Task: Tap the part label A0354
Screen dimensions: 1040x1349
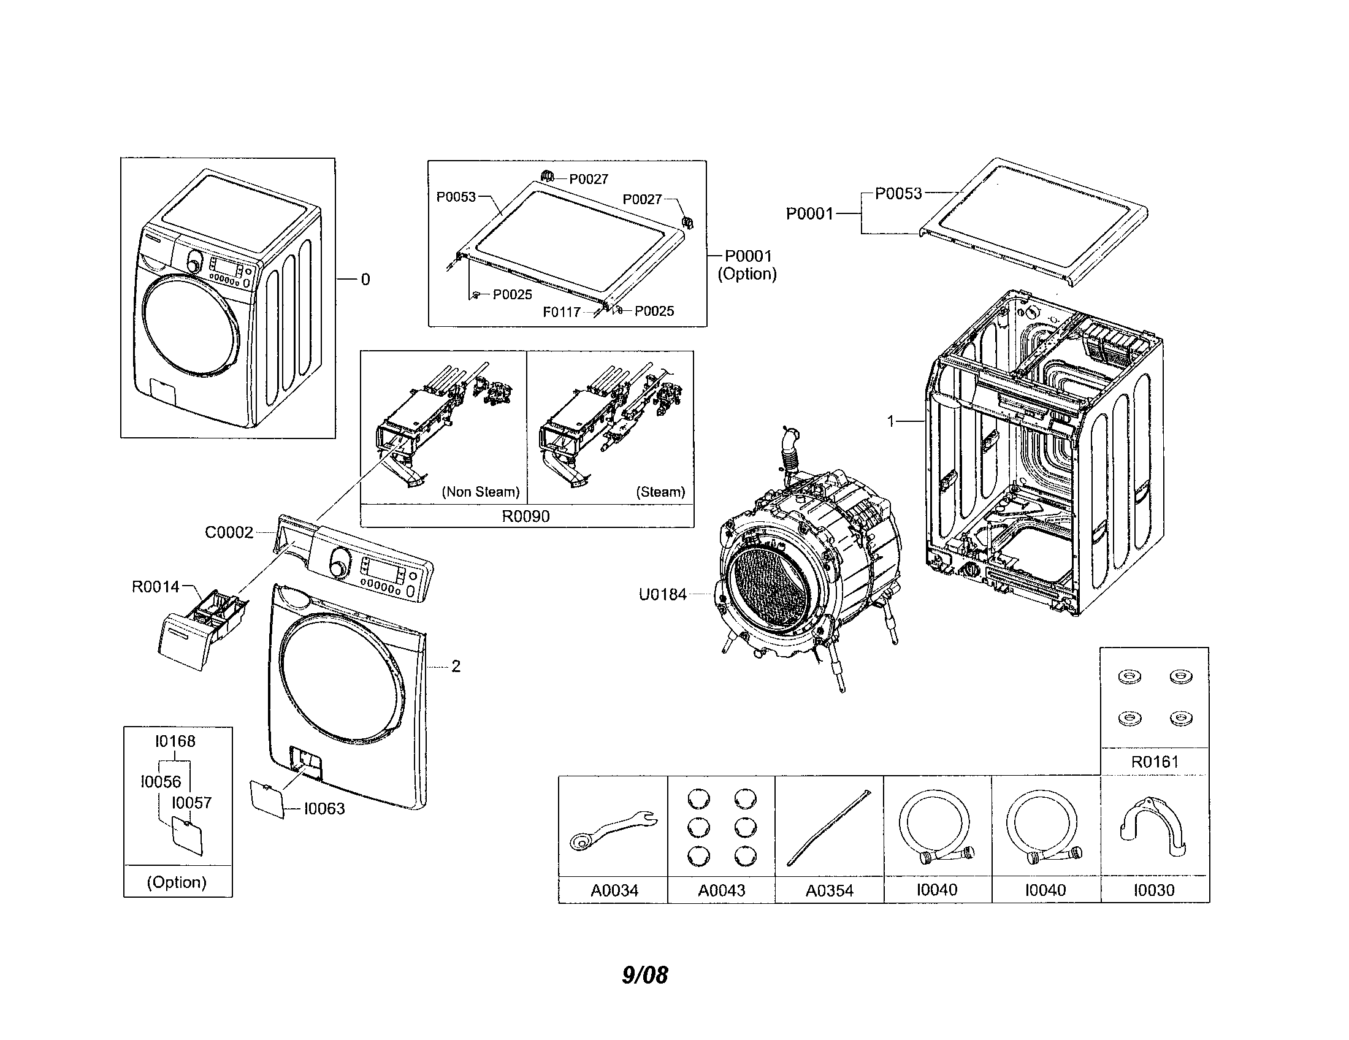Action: pyautogui.click(x=829, y=890)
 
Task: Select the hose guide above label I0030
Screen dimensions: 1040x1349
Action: pyautogui.click(x=1153, y=828)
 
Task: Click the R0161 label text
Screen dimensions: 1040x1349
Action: pyautogui.click(x=1155, y=762)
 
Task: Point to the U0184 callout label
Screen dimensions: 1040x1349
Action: pyautogui.click(x=662, y=595)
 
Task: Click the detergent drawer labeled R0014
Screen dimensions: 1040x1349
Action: pyautogui.click(x=201, y=630)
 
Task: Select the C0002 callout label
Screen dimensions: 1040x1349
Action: pyautogui.click(x=229, y=532)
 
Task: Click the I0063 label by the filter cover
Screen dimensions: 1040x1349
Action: pyautogui.click(x=324, y=808)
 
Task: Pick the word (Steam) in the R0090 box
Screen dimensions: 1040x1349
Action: pyautogui.click(x=660, y=492)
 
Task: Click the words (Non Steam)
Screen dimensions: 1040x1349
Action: pyautogui.click(x=481, y=492)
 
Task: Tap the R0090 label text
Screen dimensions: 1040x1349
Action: pyautogui.click(x=525, y=516)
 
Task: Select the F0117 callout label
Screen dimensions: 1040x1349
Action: pyautogui.click(x=561, y=312)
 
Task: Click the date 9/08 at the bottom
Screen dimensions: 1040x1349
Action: pyautogui.click(x=644, y=974)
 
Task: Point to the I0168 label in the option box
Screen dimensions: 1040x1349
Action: pyautogui.click(x=175, y=741)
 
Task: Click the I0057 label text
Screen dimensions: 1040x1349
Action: pyautogui.click(x=191, y=803)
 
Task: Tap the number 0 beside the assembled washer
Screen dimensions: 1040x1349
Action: pyautogui.click(x=365, y=280)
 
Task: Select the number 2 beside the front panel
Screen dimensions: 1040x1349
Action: pyautogui.click(x=456, y=667)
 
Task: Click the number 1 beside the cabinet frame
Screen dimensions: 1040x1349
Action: pyautogui.click(x=891, y=421)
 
